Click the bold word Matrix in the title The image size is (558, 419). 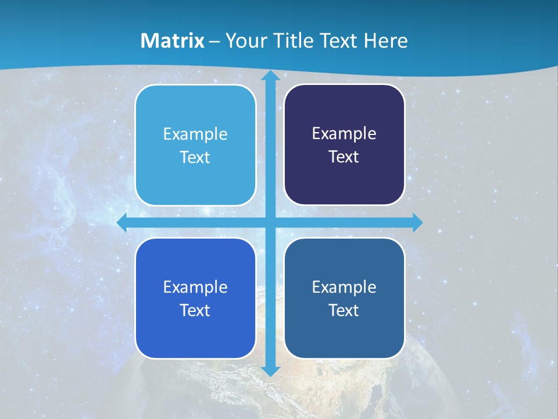(173, 41)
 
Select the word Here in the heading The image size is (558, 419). (385, 41)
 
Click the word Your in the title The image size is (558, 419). (245, 41)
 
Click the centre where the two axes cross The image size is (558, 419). (270, 222)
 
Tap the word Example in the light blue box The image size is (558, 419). (195, 134)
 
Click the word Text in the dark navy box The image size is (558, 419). (344, 157)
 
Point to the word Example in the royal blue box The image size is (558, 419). (195, 287)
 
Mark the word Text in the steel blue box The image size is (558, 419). (344, 310)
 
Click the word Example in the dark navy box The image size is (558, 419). (344, 134)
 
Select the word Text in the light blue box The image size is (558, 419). (195, 158)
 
